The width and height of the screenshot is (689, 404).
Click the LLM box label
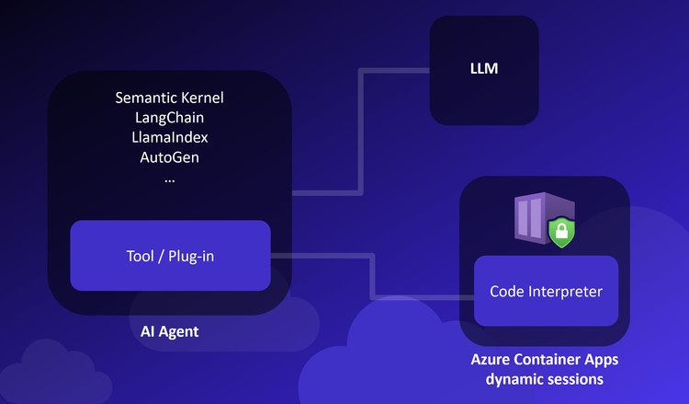pyautogui.click(x=483, y=67)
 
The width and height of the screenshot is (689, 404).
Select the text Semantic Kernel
pyautogui.click(x=170, y=98)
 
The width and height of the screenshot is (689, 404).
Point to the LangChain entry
pyautogui.click(x=170, y=118)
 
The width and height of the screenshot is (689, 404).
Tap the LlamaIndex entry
pyautogui.click(x=170, y=137)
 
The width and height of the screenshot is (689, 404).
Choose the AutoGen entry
pyautogui.click(x=170, y=156)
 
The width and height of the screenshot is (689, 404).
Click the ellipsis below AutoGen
pyautogui.click(x=170, y=179)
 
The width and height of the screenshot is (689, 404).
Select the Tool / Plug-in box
pyautogui.click(x=170, y=255)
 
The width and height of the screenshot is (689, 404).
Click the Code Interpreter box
pyautogui.click(x=546, y=291)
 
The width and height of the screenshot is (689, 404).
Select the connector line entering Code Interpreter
pyautogui.click(x=423, y=297)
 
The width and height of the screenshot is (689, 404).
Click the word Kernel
pyautogui.click(x=202, y=98)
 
